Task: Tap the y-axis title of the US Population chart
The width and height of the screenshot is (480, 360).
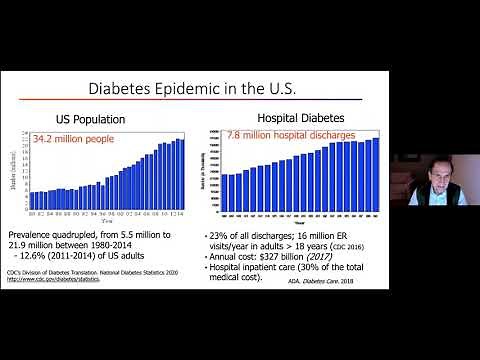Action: click(x=17, y=172)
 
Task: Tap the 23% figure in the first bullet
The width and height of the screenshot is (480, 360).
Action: click(x=233, y=233)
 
